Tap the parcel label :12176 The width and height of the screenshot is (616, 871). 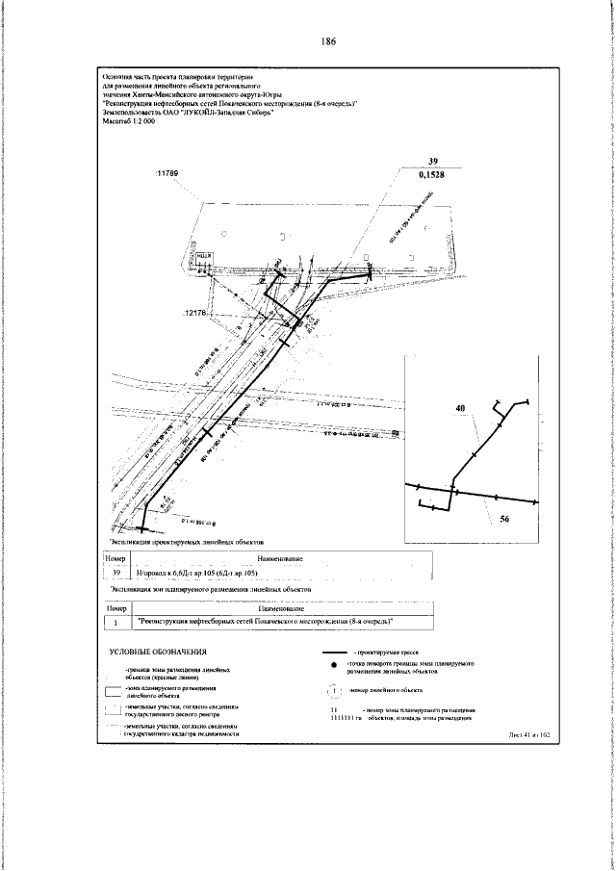click(x=194, y=313)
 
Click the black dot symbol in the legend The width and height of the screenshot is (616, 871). click(x=333, y=693)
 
